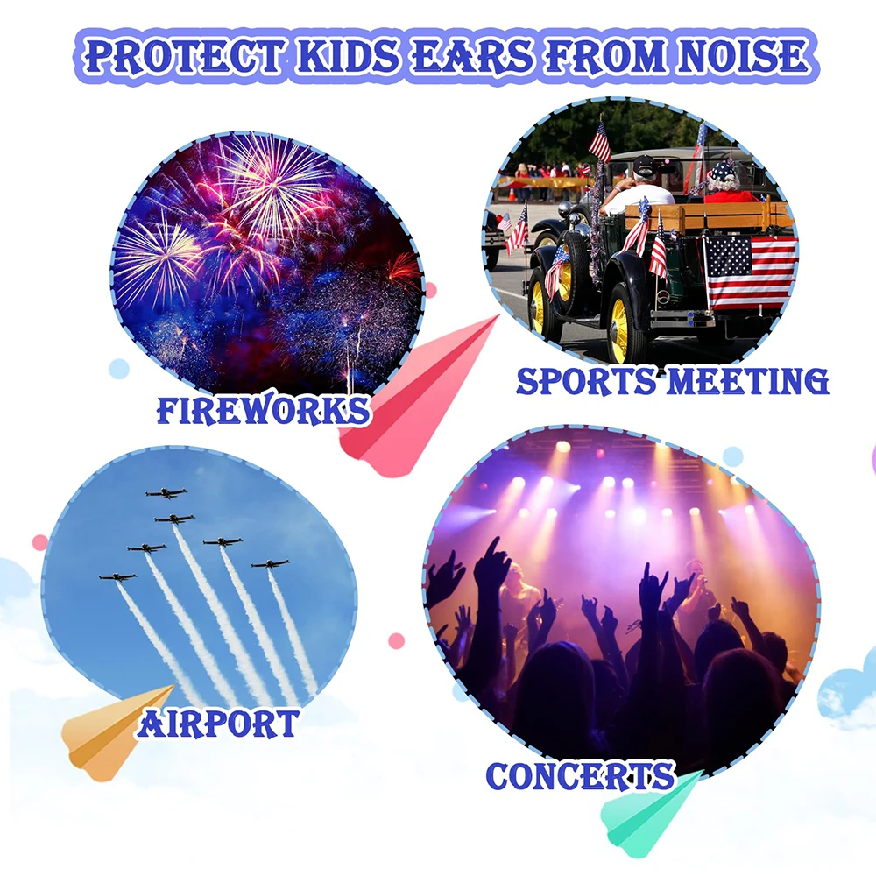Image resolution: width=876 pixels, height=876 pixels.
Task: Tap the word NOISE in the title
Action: [x=743, y=55]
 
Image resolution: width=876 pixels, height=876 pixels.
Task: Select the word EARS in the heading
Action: [x=473, y=56]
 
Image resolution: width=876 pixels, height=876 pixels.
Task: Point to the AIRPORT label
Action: [x=218, y=724]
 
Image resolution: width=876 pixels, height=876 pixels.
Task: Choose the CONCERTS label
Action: [x=581, y=775]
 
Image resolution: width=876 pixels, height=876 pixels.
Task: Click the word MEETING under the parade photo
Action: [x=748, y=382]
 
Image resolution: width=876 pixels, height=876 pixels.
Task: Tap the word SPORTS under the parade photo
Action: [x=586, y=382]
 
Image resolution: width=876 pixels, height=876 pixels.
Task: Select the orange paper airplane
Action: [x=115, y=731]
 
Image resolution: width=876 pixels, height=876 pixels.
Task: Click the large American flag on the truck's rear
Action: [x=750, y=272]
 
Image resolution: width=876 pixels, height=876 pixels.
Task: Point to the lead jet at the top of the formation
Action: [x=166, y=493]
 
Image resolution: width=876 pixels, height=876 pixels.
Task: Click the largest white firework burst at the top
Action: [x=273, y=184]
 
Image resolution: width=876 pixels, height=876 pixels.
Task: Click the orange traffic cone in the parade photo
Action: [x=512, y=195]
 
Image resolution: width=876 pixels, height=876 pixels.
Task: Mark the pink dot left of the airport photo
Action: [x=40, y=542]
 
